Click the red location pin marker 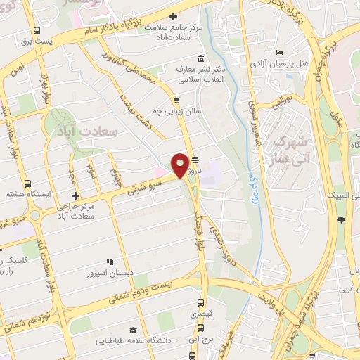point(181,165)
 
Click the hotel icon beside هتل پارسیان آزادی point(280,52)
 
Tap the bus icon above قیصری point(201,304)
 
